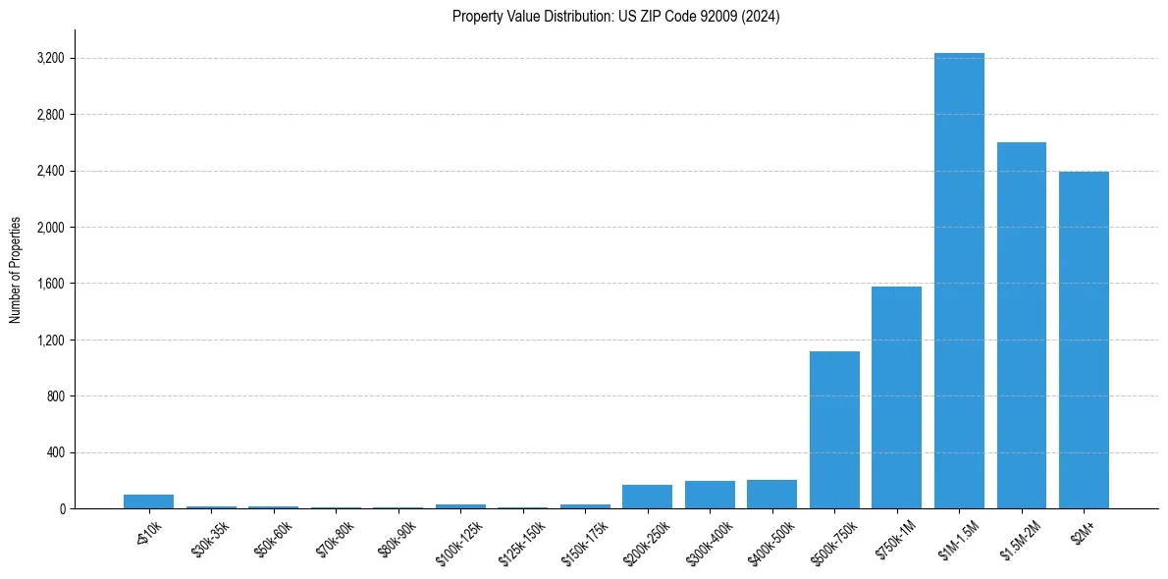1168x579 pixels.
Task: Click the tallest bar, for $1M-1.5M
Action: point(959,281)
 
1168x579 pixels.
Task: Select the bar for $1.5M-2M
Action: point(1021,326)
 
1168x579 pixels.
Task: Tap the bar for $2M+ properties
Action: point(1084,341)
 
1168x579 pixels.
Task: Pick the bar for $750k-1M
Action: point(896,397)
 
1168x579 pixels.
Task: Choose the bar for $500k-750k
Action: point(834,430)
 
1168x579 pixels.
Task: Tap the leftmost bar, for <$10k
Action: point(148,501)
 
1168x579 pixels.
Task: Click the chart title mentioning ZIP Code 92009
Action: point(615,17)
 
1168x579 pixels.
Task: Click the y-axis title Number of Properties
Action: point(16,270)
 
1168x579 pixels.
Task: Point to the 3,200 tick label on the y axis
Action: point(50,59)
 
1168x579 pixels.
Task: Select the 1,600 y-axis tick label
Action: point(50,284)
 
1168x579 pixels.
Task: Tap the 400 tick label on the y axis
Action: point(55,453)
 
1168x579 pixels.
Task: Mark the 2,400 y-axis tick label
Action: point(50,172)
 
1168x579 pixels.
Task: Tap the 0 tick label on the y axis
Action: point(61,509)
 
